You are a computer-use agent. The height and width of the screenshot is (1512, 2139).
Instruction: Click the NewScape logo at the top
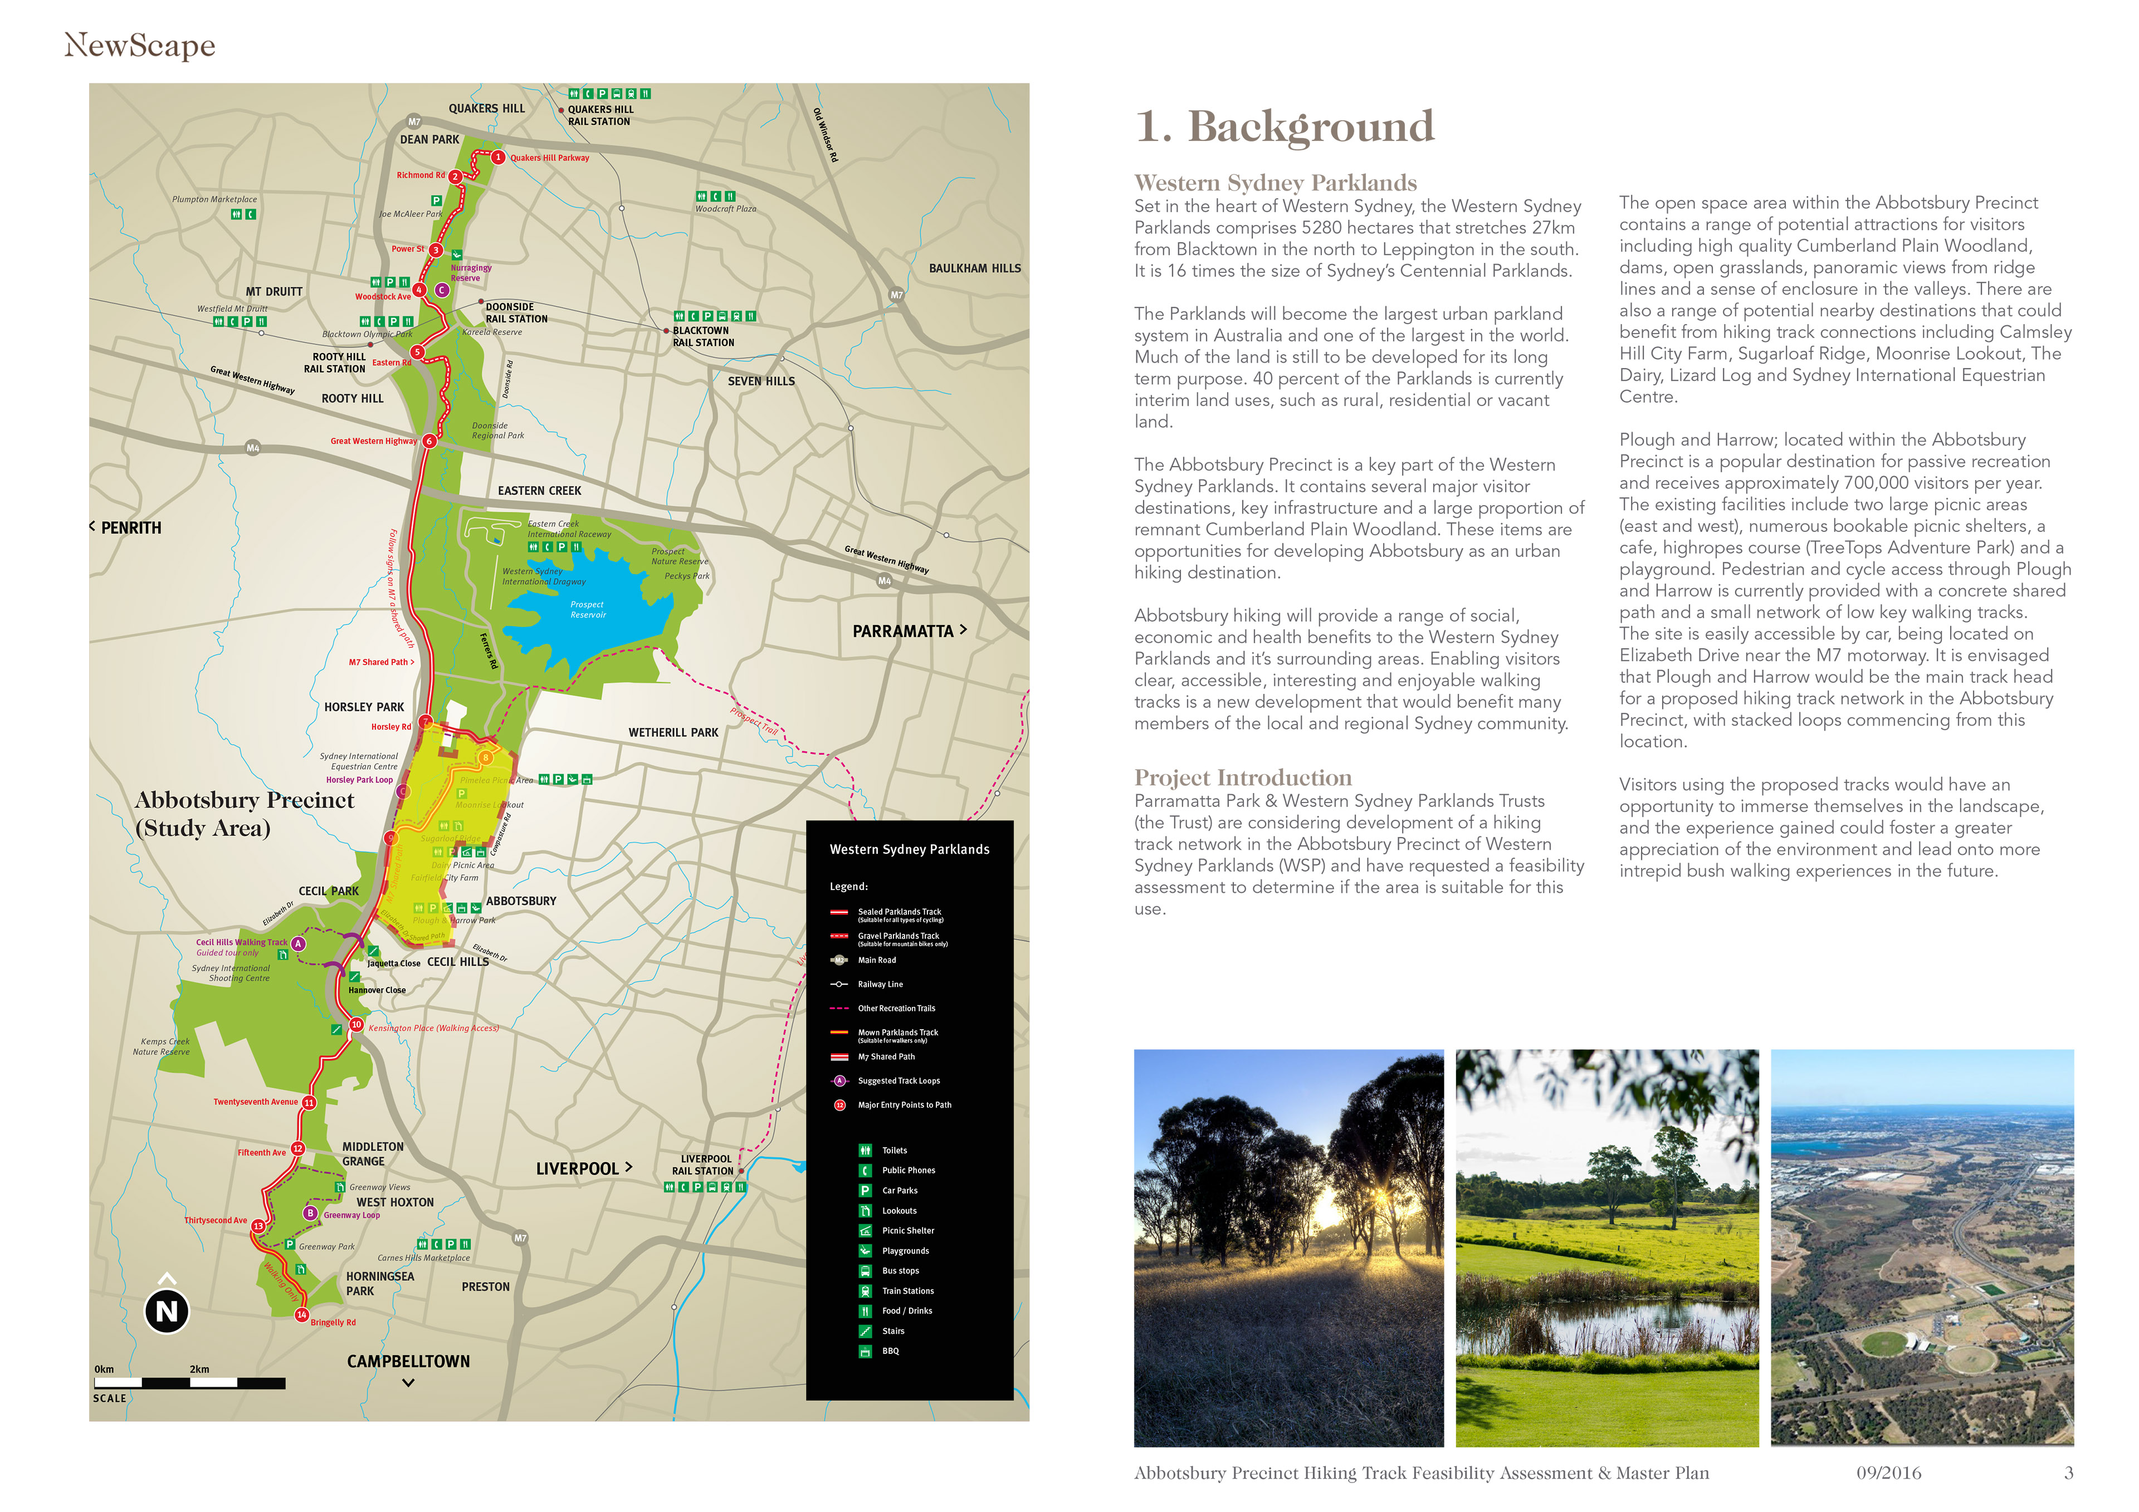[x=140, y=45]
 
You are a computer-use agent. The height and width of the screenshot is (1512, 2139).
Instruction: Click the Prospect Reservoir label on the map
[x=588, y=609]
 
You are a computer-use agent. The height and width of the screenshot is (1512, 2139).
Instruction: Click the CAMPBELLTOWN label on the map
[x=408, y=1361]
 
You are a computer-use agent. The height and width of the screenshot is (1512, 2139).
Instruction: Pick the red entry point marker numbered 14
[x=301, y=1314]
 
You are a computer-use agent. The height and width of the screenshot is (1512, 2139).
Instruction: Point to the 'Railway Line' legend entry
[x=880, y=984]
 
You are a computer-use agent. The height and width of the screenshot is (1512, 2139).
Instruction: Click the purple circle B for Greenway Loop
[x=310, y=1213]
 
